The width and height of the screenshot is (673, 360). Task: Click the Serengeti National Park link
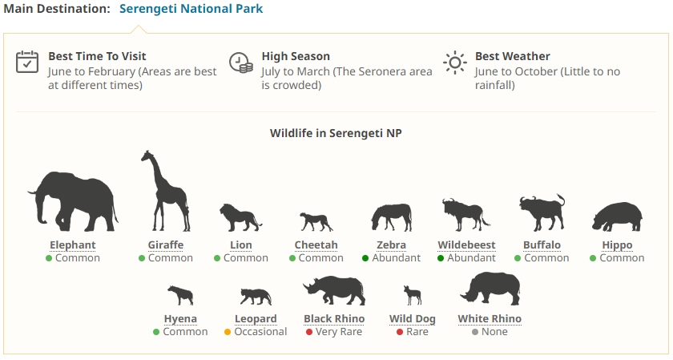(x=191, y=9)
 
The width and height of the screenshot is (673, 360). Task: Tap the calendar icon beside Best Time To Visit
(x=27, y=62)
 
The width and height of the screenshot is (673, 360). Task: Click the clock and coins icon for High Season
(x=241, y=63)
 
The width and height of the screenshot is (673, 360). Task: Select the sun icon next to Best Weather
(x=455, y=63)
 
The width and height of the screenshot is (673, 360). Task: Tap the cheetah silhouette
(x=316, y=221)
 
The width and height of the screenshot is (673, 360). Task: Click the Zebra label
(x=392, y=245)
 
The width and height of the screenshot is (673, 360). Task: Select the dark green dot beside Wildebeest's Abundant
(x=441, y=258)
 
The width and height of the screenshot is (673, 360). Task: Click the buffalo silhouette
(x=542, y=212)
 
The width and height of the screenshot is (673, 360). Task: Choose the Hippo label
(x=617, y=245)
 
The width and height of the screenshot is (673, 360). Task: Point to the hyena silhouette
(x=181, y=295)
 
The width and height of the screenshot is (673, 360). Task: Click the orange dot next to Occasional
(x=228, y=332)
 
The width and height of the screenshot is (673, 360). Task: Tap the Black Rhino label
(x=334, y=319)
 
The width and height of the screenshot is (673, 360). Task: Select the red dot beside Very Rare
(x=309, y=332)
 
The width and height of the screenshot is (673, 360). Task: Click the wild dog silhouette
(x=413, y=295)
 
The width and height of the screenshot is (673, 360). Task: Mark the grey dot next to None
(x=474, y=332)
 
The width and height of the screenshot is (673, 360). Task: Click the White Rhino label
(x=490, y=319)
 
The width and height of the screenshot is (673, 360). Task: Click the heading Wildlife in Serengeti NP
(x=336, y=133)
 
